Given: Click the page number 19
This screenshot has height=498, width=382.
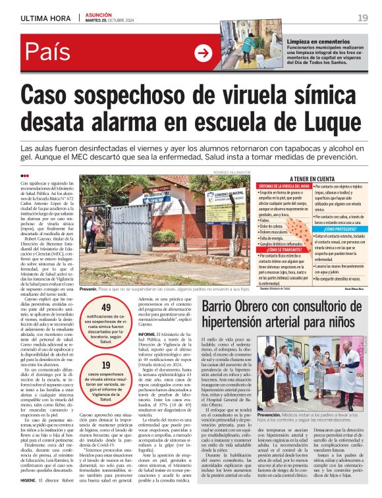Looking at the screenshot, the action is (362, 17).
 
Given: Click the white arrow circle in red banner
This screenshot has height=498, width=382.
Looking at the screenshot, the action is (204, 54).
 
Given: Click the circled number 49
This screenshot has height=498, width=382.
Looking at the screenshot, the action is (106, 307).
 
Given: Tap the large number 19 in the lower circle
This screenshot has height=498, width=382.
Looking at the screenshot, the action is (106, 366).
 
